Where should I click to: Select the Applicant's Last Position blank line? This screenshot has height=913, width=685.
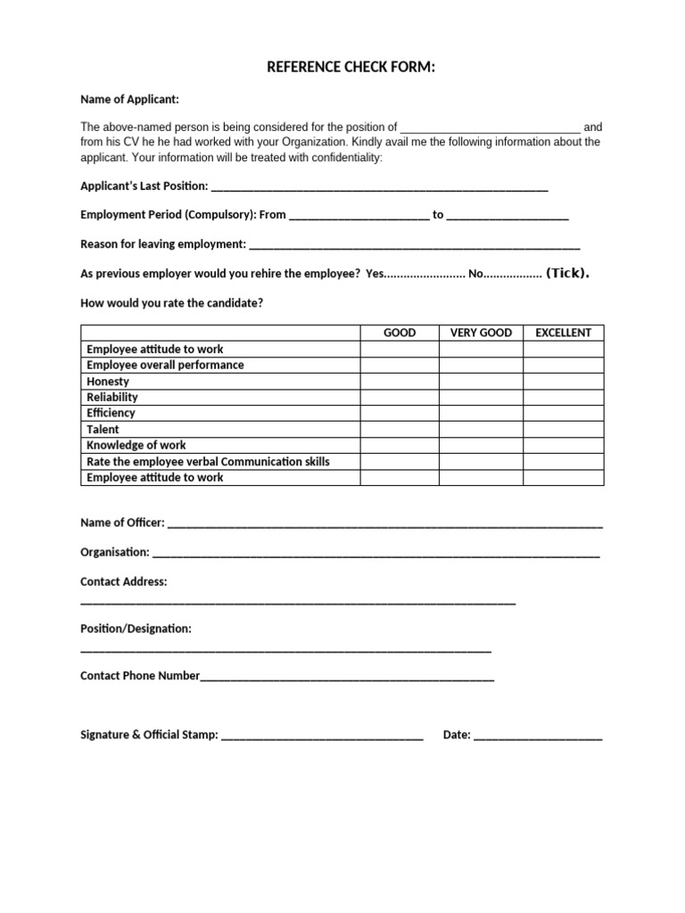coord(378,188)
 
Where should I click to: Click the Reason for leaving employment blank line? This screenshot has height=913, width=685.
coord(415,245)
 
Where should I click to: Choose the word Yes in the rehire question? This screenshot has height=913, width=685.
coord(375,274)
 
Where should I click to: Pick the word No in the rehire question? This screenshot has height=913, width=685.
coord(475,274)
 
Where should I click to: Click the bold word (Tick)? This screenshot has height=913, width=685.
coord(567,273)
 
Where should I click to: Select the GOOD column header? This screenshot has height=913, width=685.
coord(399,333)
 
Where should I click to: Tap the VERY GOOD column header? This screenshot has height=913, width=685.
coord(481,333)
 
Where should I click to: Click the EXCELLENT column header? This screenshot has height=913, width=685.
coord(563,333)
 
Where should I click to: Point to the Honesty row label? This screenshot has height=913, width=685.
coord(108,381)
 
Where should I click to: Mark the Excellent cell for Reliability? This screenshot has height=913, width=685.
coord(563,397)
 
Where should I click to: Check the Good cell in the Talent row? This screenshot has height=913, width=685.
coord(399,429)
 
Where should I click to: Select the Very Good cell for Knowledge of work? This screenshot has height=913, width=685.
coord(481,445)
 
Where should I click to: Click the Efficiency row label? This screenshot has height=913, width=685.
coord(111,413)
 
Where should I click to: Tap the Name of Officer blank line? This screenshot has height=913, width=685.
coord(384,524)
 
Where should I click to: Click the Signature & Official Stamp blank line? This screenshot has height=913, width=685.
coord(321,736)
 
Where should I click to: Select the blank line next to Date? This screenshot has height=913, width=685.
coord(538,736)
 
